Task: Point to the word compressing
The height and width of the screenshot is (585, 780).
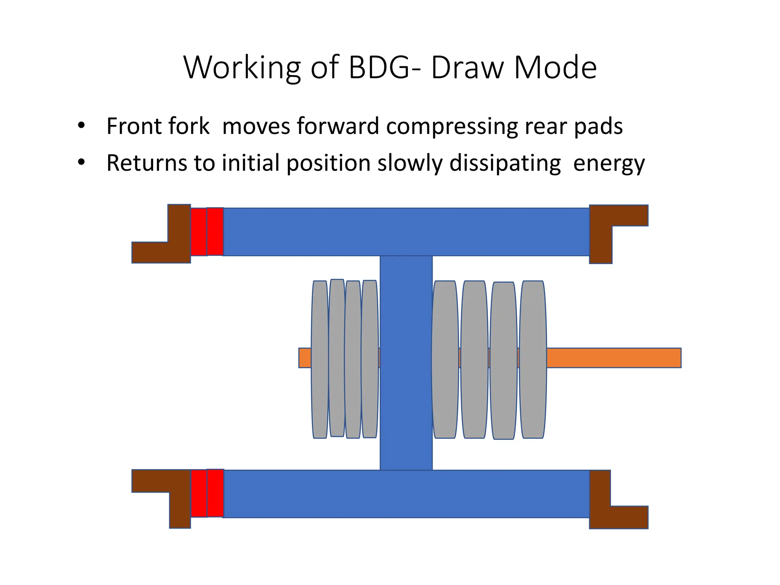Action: pyautogui.click(x=452, y=128)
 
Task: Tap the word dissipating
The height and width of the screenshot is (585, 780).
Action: pyautogui.click(x=505, y=164)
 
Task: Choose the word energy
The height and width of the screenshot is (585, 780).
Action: pyautogui.click(x=609, y=165)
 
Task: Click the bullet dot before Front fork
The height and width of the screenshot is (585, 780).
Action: pyautogui.click(x=81, y=126)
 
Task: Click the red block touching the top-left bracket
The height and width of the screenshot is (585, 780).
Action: pyautogui.click(x=198, y=232)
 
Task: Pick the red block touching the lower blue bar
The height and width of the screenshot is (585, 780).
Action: pyautogui.click(x=215, y=493)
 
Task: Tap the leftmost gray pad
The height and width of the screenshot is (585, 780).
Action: pyautogui.click(x=320, y=360)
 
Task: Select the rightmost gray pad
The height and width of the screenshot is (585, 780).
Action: pyautogui.click(x=533, y=360)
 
